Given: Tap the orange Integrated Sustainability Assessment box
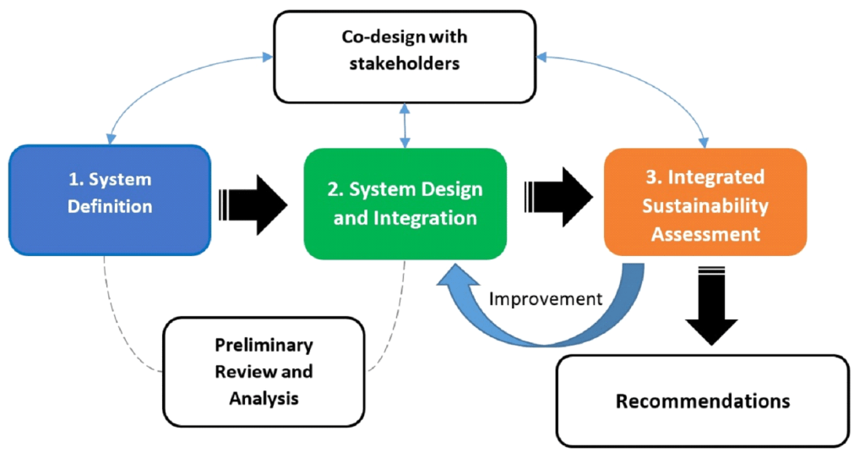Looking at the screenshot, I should tap(705, 203).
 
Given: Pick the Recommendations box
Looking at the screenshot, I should tap(702, 401).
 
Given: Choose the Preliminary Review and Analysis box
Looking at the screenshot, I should tap(264, 372).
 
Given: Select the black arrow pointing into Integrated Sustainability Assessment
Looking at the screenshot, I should tap(558, 200).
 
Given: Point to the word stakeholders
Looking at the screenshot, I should tap(404, 63).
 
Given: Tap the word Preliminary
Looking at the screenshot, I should tap(264, 346).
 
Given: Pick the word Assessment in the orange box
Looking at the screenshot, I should tap(705, 234).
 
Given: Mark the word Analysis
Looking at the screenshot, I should tap(264, 398).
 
